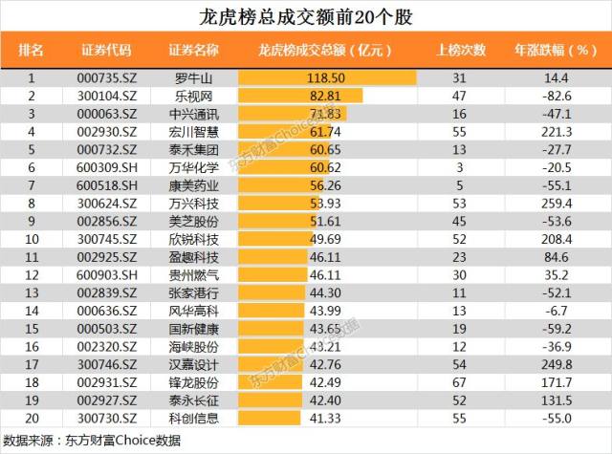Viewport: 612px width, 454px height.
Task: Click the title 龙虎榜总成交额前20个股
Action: pyautogui.click(x=306, y=17)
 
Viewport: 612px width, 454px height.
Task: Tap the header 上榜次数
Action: pyautogui.click(x=461, y=50)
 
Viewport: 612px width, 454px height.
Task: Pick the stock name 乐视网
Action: pyautogui.click(x=194, y=96)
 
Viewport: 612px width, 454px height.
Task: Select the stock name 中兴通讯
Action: pyautogui.click(x=194, y=114)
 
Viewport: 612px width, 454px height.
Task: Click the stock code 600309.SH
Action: pyautogui.click(x=106, y=167)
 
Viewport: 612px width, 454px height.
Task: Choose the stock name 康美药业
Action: pyautogui.click(x=194, y=184)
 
